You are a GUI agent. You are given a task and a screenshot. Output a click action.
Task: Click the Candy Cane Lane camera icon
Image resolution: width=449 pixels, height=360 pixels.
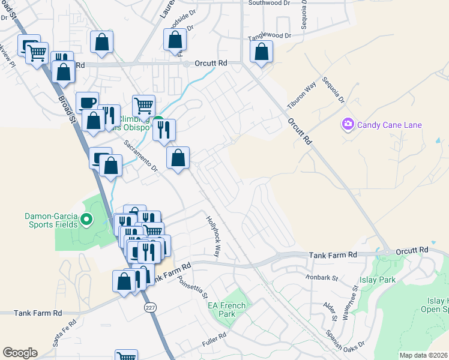click(x=348, y=125)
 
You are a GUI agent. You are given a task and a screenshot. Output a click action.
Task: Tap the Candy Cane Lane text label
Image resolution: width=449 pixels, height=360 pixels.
click(x=389, y=125)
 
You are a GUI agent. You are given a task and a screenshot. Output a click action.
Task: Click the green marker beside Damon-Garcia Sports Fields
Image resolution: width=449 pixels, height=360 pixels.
click(x=86, y=220)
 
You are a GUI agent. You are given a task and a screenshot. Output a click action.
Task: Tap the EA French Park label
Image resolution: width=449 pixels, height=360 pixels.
click(x=226, y=310)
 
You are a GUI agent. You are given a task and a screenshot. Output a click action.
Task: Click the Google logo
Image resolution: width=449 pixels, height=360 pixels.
click(x=20, y=353)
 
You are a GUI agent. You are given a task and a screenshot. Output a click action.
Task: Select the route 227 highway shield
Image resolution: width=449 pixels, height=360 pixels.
click(x=150, y=307)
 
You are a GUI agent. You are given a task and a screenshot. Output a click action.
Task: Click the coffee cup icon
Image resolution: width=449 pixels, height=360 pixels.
click(x=88, y=101)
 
